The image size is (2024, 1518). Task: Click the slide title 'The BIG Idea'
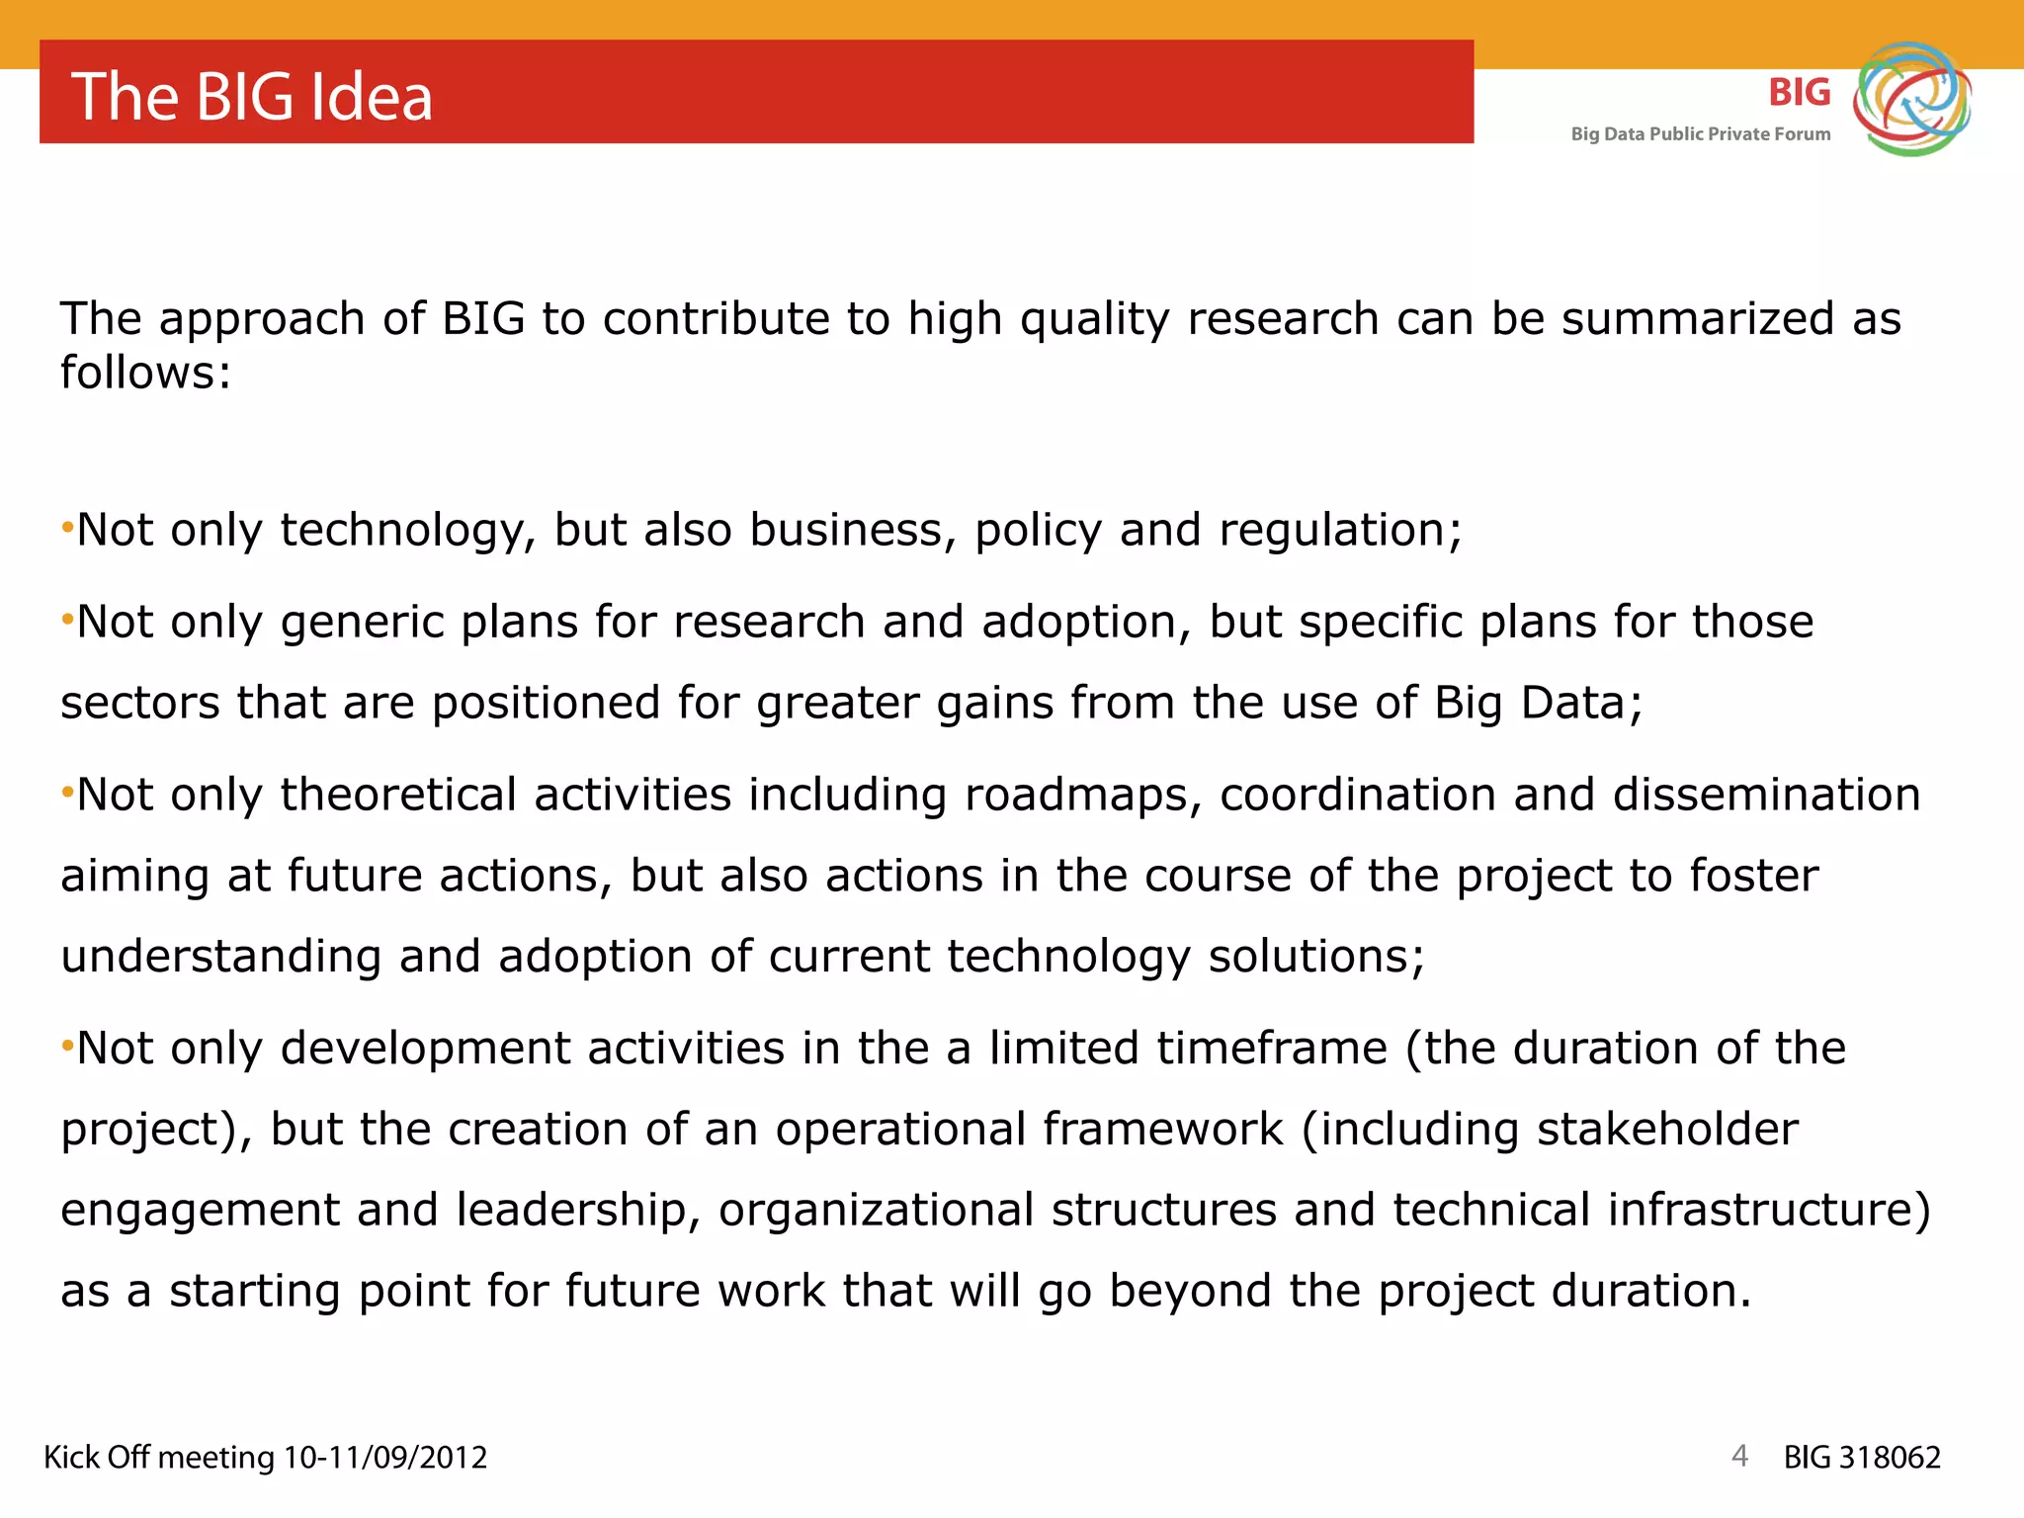click(x=252, y=97)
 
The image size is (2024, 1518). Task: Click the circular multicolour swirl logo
click(x=1911, y=99)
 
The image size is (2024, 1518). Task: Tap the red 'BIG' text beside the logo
click(x=1799, y=93)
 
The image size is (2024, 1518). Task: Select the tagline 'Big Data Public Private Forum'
click(x=1700, y=134)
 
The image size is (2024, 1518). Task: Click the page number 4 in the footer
click(x=1739, y=1455)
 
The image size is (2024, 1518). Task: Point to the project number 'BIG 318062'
click(x=1862, y=1457)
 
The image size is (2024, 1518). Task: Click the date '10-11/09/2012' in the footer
click(x=385, y=1457)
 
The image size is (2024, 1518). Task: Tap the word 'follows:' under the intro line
click(x=145, y=374)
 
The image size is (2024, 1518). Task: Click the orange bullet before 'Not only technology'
click(x=67, y=528)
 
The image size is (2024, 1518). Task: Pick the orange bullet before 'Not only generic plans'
click(x=67, y=620)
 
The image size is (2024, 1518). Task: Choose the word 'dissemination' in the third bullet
click(x=1766, y=796)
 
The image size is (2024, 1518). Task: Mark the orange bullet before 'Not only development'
click(x=67, y=1046)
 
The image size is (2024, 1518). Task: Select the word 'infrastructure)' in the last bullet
click(x=1768, y=1211)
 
